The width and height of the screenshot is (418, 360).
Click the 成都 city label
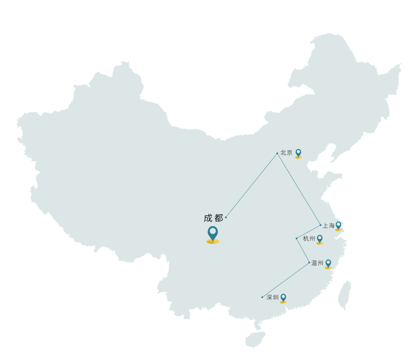(213, 218)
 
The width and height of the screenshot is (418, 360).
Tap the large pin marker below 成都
(213, 235)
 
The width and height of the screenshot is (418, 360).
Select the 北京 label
(286, 153)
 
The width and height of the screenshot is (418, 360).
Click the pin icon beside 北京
(299, 154)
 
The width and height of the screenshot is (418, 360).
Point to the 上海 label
(328, 226)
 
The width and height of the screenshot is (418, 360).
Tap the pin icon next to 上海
(338, 226)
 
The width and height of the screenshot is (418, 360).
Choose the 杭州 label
(309, 239)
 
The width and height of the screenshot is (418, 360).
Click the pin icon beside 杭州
(320, 240)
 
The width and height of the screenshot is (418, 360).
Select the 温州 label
(317, 263)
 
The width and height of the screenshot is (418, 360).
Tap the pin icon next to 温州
(328, 264)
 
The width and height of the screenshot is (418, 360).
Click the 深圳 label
(273, 297)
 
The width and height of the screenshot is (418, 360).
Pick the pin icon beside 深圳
(283, 299)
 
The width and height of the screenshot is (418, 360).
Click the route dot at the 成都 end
(226, 217)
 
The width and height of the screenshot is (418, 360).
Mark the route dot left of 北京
(277, 154)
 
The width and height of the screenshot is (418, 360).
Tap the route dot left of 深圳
(262, 297)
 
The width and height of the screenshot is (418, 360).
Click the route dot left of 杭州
(296, 239)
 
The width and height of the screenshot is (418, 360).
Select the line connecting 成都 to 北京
(251, 186)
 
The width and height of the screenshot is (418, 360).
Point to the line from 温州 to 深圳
(286, 280)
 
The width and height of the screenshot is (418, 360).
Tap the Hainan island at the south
(255, 340)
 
